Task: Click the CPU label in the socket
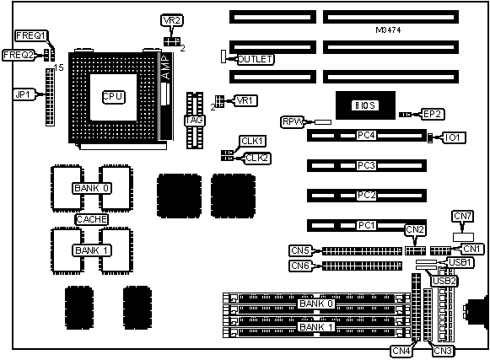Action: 114,97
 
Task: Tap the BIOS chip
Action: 365,105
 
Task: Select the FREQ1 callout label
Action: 31,35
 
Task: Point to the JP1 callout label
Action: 23,94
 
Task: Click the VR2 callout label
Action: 172,20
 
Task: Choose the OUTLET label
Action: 255,59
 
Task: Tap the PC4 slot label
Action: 366,135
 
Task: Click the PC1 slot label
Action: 366,225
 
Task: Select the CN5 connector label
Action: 300,250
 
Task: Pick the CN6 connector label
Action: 300,266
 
